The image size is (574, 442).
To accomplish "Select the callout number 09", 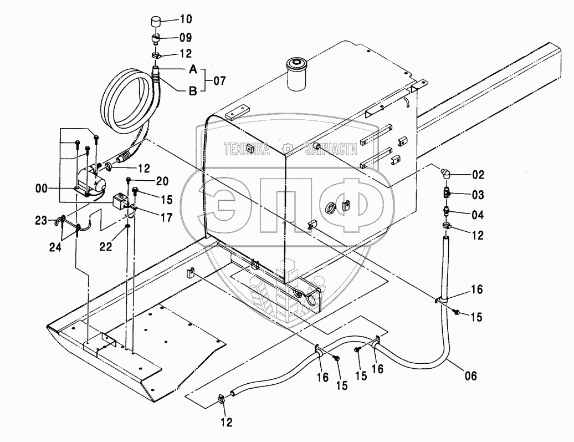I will (x=185, y=38).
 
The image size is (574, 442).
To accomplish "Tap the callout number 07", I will (x=219, y=81).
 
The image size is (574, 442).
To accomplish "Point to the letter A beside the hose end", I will (x=193, y=69).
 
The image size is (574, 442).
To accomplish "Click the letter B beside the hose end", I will (x=193, y=92).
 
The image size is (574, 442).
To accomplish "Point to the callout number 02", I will (x=478, y=175).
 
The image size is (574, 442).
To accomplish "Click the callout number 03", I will (x=478, y=195).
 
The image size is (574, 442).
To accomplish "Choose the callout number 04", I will (x=478, y=215).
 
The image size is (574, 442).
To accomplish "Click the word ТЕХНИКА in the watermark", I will (x=246, y=148).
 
